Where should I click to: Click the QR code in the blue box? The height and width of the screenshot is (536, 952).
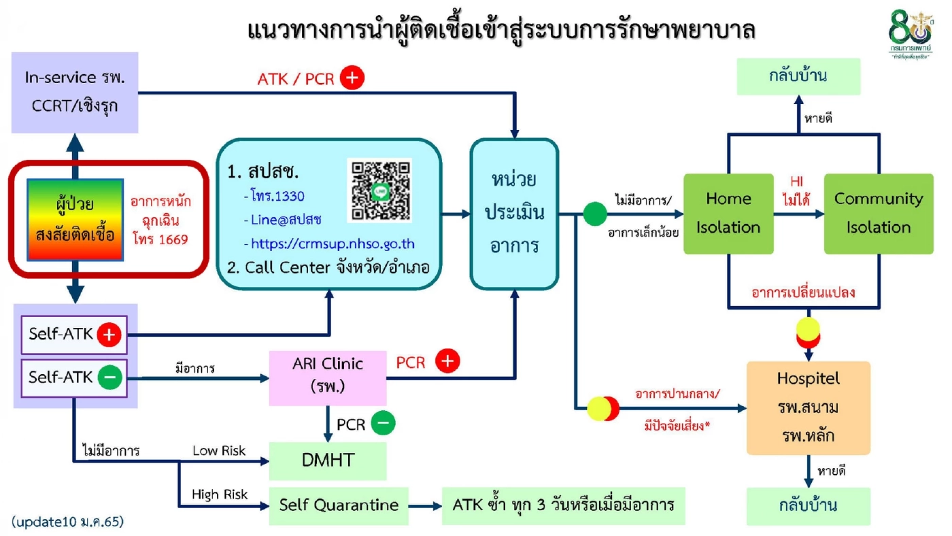pos(379,190)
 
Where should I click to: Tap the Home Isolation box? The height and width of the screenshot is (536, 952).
pos(728,214)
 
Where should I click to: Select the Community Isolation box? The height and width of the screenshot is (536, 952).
pos(878,214)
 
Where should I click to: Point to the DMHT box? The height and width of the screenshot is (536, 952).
pos(328,460)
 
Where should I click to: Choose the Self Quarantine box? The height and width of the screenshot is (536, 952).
pos(339,505)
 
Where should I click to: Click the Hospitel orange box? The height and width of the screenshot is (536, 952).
pos(808,407)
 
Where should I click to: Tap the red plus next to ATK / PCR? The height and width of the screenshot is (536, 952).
pos(352,78)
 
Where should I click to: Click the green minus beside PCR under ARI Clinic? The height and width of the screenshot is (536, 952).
pos(383,424)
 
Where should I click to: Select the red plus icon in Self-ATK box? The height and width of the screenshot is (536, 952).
pos(109,335)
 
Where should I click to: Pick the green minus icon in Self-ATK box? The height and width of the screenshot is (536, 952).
pos(109,377)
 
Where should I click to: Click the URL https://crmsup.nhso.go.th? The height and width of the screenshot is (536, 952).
pos(333,244)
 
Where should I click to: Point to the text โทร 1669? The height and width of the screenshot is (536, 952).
pos(160,239)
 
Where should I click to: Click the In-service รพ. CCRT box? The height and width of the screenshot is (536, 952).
pos(75,92)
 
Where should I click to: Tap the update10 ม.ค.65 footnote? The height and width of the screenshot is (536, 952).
pos(68,522)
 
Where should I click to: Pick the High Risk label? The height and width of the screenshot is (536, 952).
pos(219,495)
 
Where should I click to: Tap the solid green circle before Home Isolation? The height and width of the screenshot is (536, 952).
pos(594,214)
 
